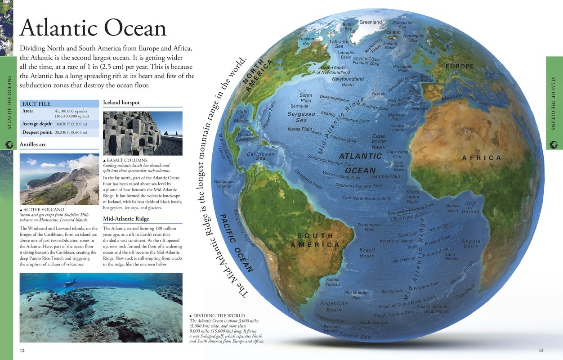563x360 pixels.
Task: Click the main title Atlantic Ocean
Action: (x=93, y=28)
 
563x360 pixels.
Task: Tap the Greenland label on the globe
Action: (x=370, y=22)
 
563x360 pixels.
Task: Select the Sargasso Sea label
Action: (x=301, y=117)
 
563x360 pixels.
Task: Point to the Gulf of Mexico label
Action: (x=242, y=116)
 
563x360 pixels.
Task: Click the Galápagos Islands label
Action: (x=224, y=184)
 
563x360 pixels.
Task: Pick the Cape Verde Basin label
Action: (x=378, y=141)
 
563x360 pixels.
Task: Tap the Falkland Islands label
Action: (x=331, y=328)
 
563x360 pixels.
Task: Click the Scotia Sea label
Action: (x=355, y=336)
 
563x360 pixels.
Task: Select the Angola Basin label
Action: (x=471, y=243)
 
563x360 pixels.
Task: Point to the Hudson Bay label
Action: (x=307, y=41)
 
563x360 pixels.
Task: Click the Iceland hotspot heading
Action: (x=121, y=103)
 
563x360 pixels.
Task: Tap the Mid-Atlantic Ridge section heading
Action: (x=126, y=219)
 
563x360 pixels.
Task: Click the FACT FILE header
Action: (x=36, y=104)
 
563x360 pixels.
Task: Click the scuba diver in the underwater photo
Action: (x=70, y=283)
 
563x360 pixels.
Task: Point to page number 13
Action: (x=541, y=350)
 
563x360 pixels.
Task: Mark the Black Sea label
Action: (x=490, y=75)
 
